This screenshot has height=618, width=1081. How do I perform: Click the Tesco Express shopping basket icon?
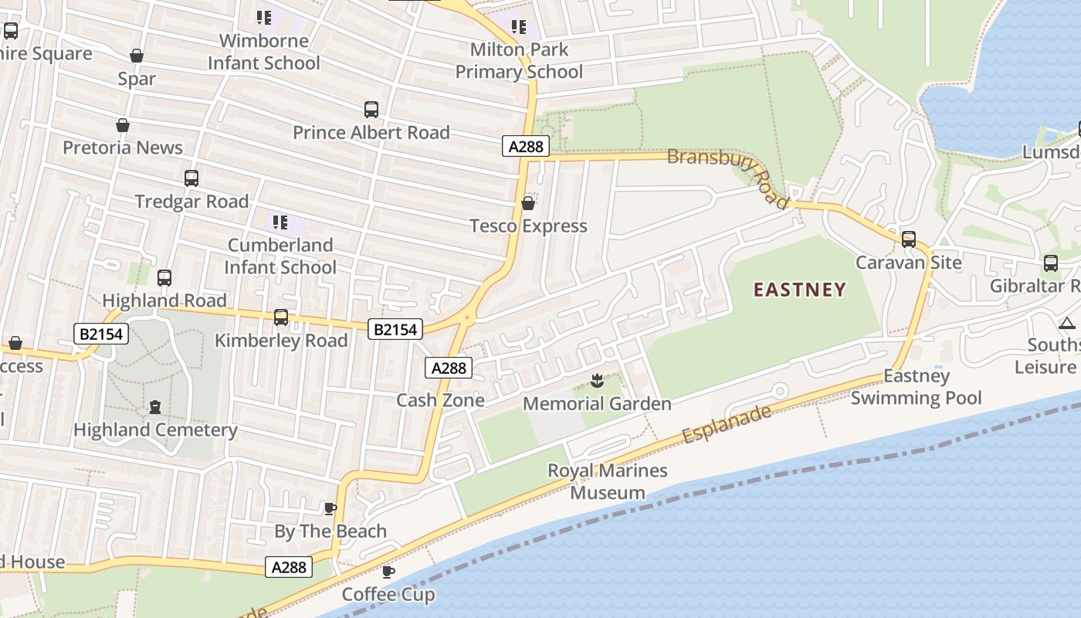pos(528,203)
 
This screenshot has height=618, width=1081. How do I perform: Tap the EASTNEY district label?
pos(800,290)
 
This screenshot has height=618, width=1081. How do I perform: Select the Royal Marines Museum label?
pos(608,481)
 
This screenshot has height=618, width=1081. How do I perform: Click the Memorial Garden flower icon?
pos(596,380)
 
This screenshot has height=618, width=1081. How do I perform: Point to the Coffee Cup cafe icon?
pos(388,572)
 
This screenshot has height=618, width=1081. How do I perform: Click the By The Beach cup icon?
pos(330,508)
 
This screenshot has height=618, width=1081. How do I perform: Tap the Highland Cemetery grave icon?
pos(155,407)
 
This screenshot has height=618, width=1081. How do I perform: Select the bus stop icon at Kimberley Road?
pos(281,317)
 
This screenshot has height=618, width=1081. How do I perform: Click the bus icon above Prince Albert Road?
pos(371,110)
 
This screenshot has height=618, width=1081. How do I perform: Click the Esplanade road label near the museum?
pos(727,424)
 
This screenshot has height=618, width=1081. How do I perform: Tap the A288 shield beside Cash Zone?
pos(449,368)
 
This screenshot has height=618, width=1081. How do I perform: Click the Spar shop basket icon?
pos(137,56)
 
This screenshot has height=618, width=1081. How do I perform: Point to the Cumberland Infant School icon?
pos(280,223)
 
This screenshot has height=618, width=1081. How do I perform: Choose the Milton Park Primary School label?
pos(519,60)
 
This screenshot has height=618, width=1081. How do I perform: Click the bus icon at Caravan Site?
pos(909,239)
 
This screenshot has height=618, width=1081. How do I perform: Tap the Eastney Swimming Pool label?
pos(916,387)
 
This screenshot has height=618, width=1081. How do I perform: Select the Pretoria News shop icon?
pos(123,125)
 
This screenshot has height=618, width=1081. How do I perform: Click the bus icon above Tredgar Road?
pos(191,178)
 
